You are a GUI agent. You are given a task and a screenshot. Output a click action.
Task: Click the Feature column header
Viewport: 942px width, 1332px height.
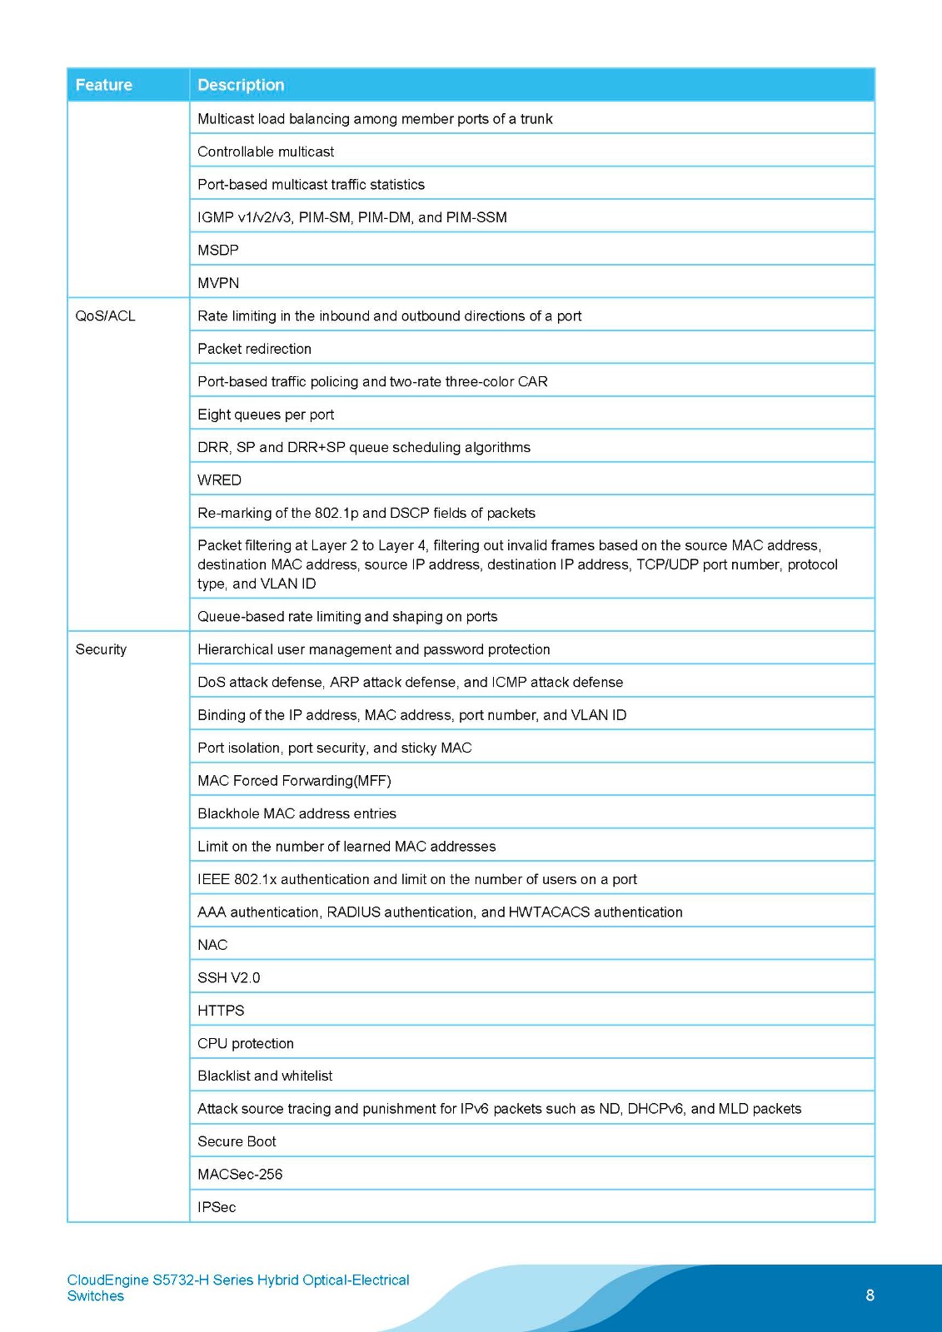104,85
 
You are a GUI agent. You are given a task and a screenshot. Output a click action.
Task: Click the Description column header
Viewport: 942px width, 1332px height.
241,85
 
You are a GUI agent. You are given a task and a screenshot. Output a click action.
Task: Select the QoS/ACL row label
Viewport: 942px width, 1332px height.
105,316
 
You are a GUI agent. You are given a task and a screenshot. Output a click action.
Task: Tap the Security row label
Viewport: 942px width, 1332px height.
101,649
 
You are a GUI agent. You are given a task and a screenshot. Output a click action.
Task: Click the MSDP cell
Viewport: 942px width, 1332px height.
218,251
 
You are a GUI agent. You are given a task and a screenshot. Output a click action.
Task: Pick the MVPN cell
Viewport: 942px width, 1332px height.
218,283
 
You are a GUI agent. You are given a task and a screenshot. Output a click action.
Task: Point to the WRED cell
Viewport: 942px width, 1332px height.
219,480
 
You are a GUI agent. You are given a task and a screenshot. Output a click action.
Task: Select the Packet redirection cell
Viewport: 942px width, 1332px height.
254,349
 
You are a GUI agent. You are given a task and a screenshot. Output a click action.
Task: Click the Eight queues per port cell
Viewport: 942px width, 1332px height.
266,415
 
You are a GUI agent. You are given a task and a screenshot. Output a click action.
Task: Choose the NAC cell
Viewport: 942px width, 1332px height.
212,945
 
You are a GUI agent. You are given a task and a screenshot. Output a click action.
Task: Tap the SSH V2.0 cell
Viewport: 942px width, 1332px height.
228,977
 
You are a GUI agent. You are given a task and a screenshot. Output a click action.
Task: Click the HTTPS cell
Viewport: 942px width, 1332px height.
221,1011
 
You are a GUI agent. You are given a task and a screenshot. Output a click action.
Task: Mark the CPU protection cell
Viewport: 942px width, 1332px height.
246,1043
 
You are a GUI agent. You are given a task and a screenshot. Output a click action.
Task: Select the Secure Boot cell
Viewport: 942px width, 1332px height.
237,1141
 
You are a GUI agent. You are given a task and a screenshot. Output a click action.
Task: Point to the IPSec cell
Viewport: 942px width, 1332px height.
217,1207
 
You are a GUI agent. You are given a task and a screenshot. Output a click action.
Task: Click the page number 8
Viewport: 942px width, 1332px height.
870,1295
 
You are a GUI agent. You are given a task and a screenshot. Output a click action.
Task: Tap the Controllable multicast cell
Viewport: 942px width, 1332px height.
266,152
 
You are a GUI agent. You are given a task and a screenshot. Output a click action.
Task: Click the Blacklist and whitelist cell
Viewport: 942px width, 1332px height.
265,1076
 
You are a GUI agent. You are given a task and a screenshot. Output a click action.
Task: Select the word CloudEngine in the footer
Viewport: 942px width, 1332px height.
107,1280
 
